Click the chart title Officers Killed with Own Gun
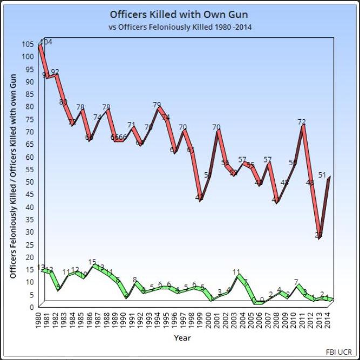click(x=180, y=13)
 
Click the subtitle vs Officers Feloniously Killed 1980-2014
click(x=180, y=26)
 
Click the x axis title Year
click(x=182, y=338)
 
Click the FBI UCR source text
click(x=338, y=351)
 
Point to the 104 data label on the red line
click(x=46, y=42)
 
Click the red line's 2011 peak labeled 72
click(x=302, y=122)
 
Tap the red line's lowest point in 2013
click(x=319, y=235)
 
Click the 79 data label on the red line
click(x=157, y=105)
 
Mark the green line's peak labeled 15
click(x=92, y=262)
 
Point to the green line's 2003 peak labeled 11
click(x=236, y=272)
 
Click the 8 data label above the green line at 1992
click(x=134, y=280)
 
